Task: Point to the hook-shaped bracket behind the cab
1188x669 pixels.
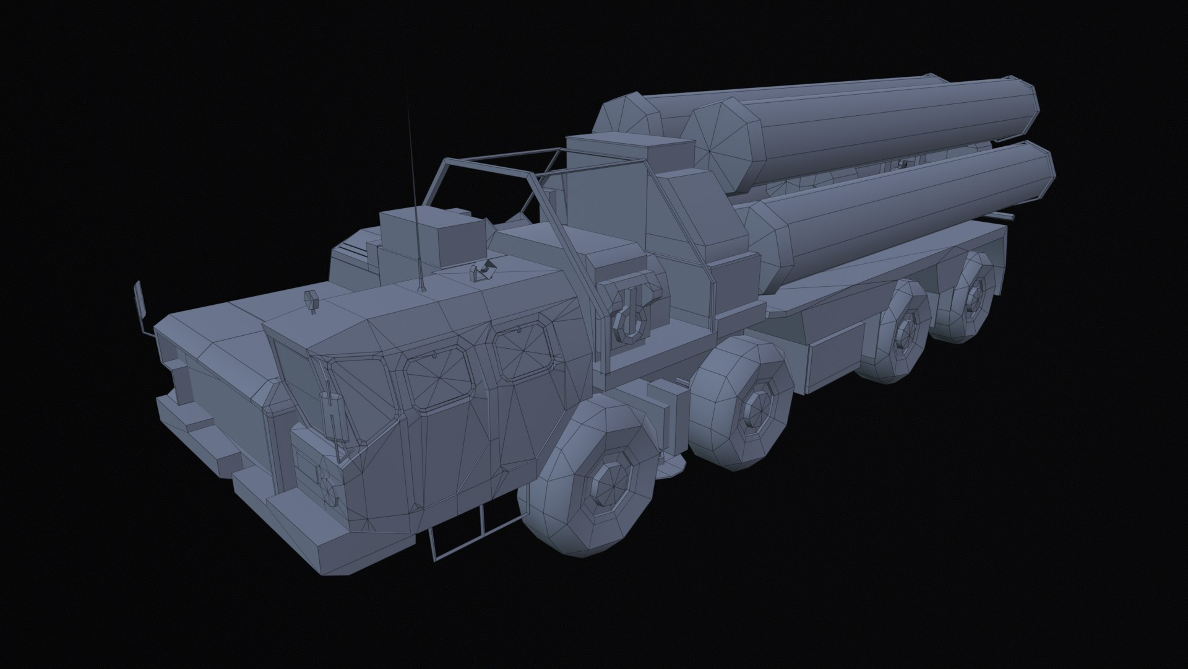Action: coord(631,313)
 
